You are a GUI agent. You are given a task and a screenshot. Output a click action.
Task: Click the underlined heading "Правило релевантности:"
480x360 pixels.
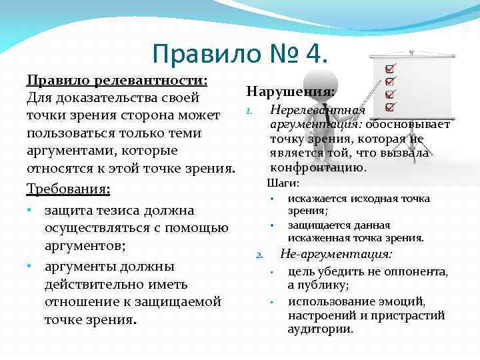coord(117,81)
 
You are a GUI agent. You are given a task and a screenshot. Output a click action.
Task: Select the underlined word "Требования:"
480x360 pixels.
coord(68,189)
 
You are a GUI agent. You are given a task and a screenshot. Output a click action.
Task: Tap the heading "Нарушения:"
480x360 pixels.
coord(291,91)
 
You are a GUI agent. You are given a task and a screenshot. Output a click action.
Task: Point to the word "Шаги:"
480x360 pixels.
coord(283,183)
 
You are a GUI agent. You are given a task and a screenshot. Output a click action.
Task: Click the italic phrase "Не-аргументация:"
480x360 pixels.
coord(336,254)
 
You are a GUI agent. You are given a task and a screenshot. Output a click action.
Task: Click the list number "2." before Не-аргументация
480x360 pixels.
coord(261,255)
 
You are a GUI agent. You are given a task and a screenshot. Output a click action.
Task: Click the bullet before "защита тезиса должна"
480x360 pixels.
coord(31,211)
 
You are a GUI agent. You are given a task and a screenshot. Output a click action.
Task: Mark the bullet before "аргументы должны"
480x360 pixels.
coord(31,267)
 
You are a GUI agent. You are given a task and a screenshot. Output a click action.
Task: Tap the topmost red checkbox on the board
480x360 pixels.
coord(390,69)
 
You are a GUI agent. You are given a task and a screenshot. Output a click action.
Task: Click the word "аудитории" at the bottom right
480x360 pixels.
coord(320,329)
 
